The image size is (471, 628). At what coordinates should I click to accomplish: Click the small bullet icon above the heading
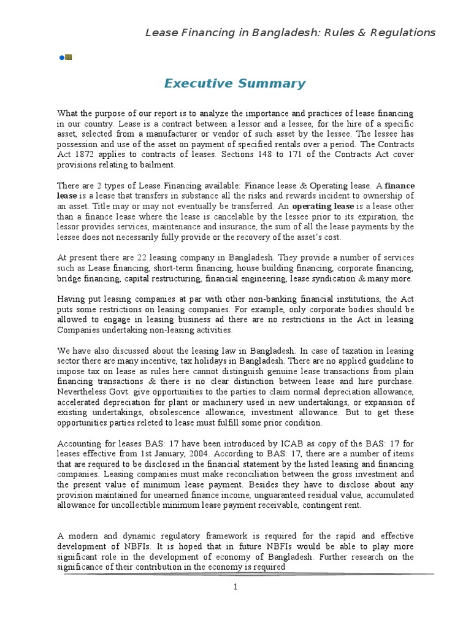pos(66,58)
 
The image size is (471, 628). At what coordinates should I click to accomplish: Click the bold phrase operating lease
pos(319,207)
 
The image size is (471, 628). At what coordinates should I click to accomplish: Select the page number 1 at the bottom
pos(235,587)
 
